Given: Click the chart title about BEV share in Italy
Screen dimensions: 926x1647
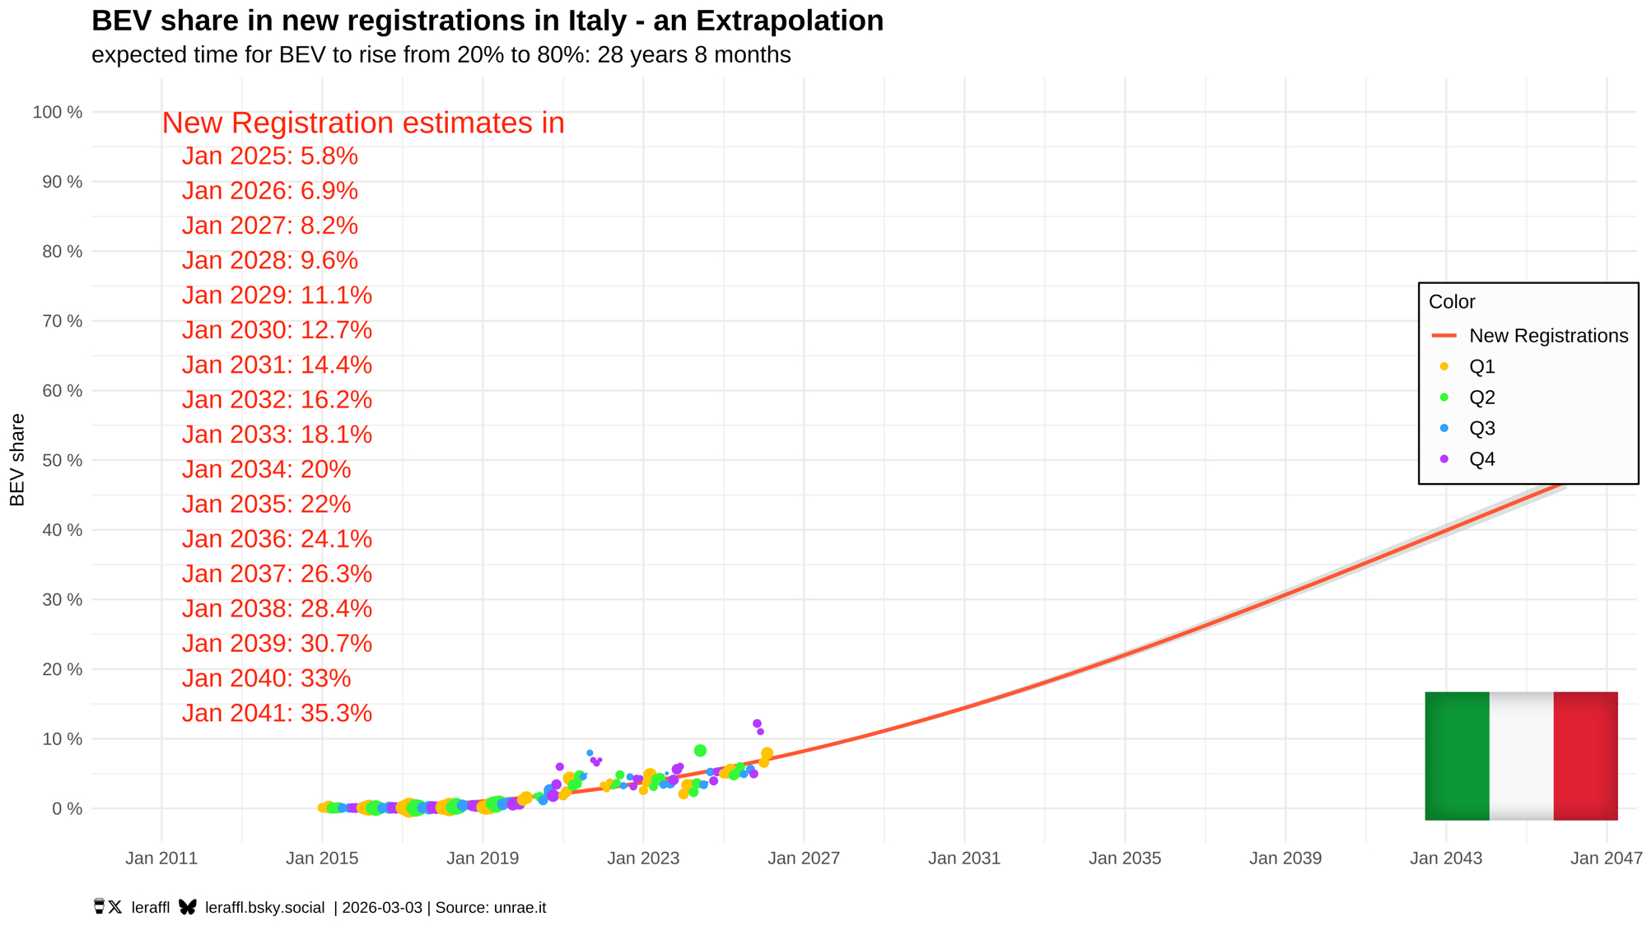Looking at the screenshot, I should point(487,21).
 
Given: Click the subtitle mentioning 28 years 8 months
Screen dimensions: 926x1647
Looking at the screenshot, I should point(441,55).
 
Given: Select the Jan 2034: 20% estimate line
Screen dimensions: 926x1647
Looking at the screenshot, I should point(266,469).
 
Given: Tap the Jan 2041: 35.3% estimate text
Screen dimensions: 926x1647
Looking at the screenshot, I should point(277,713).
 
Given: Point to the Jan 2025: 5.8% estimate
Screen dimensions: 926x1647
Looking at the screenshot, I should point(269,156).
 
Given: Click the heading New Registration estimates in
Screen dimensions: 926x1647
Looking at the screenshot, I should point(362,123).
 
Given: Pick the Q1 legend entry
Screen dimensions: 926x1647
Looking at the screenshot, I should point(1481,366).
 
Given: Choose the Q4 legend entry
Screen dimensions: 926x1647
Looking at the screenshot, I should point(1481,459).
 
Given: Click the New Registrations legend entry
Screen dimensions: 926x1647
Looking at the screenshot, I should point(1547,336).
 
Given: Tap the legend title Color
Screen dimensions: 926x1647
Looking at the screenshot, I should point(1451,302).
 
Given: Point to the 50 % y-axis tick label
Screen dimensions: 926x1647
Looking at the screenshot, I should point(62,460).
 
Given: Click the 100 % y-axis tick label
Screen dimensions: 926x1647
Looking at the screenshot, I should point(58,112).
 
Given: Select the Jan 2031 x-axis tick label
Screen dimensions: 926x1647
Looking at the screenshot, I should point(963,859).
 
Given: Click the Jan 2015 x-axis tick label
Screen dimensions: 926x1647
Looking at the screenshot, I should point(322,859).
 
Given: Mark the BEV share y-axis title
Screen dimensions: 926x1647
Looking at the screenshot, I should point(17,459).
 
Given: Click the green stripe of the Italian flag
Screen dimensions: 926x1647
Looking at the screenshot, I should point(1457,756).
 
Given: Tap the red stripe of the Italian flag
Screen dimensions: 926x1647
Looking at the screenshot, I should point(1585,756).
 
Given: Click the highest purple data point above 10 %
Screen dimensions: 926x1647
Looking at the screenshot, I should point(757,724).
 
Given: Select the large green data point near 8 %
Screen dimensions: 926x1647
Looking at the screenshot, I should point(700,751).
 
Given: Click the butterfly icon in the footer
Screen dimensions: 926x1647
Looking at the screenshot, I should point(188,907).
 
